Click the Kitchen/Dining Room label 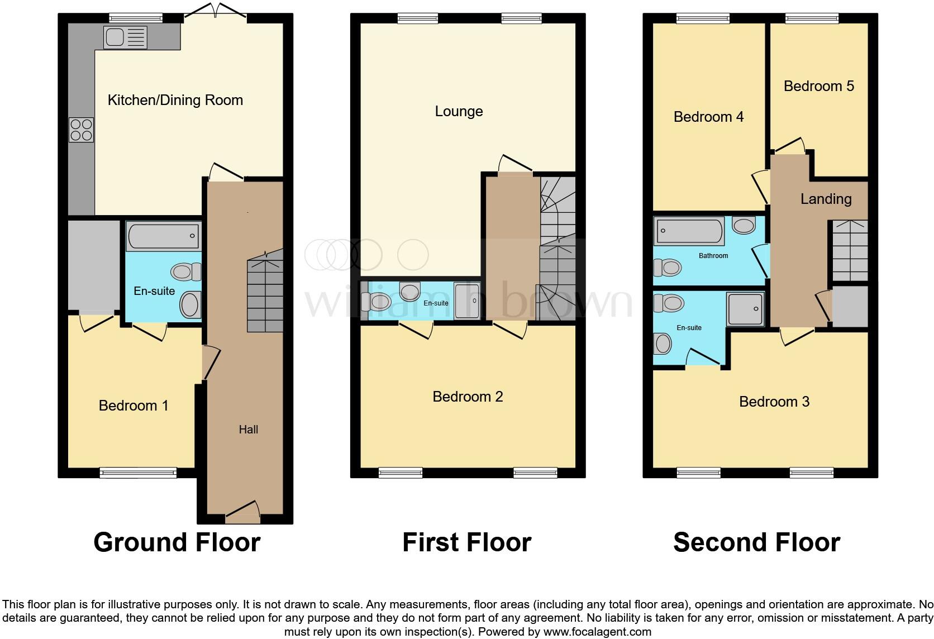(175, 101)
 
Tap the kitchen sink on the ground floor (125, 38)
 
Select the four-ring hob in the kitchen (81, 130)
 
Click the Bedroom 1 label (134, 406)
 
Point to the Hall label (249, 430)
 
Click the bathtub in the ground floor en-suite (163, 236)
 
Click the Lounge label (459, 112)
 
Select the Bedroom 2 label (468, 397)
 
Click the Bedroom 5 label (818, 86)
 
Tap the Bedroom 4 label (708, 117)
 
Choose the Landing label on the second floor (826, 199)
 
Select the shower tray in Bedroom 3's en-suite (745, 309)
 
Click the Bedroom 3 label (774, 402)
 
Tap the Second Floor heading (756, 542)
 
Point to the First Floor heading (466, 542)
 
